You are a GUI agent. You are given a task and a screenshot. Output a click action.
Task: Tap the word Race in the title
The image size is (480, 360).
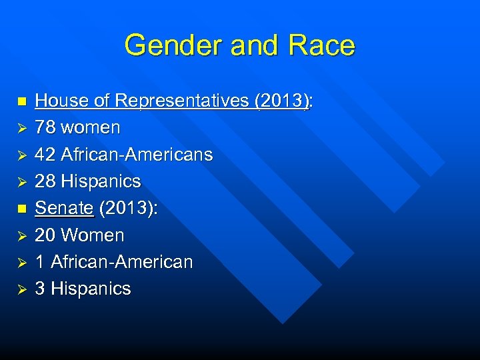click(321, 45)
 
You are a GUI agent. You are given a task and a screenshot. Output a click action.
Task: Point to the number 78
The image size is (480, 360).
click(45, 127)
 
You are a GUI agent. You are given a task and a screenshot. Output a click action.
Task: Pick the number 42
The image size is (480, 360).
click(45, 155)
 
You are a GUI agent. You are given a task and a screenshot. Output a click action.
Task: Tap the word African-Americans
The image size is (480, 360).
click(137, 155)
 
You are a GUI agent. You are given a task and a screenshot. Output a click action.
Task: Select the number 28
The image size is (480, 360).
click(45, 181)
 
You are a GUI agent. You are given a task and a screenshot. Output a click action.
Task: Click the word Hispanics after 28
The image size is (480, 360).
click(101, 181)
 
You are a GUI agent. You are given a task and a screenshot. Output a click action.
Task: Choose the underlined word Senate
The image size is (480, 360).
click(64, 208)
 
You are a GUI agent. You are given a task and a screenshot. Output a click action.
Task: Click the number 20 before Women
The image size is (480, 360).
click(45, 235)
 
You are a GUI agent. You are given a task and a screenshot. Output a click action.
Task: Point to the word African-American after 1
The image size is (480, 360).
click(121, 262)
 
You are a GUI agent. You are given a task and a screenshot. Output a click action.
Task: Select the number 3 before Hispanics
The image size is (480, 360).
click(40, 289)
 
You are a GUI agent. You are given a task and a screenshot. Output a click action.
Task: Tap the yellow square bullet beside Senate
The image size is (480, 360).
click(21, 209)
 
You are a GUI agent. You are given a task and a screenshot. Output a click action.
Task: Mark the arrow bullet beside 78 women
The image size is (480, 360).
click(21, 128)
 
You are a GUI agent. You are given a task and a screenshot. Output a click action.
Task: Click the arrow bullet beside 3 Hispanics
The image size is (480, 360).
click(21, 289)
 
